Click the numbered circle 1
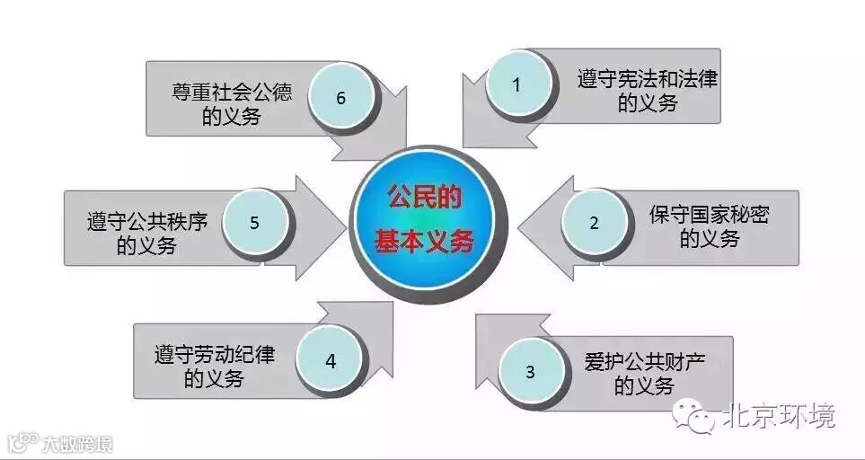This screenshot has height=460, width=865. point(516,84)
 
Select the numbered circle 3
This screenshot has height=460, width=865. point(530,371)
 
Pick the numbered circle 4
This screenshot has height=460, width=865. point(331,361)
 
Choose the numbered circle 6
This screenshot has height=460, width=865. point(341,97)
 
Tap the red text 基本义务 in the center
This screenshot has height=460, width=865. point(423,242)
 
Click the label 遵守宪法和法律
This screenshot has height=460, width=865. point(648,79)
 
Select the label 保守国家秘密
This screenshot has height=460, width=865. point(710,216)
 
